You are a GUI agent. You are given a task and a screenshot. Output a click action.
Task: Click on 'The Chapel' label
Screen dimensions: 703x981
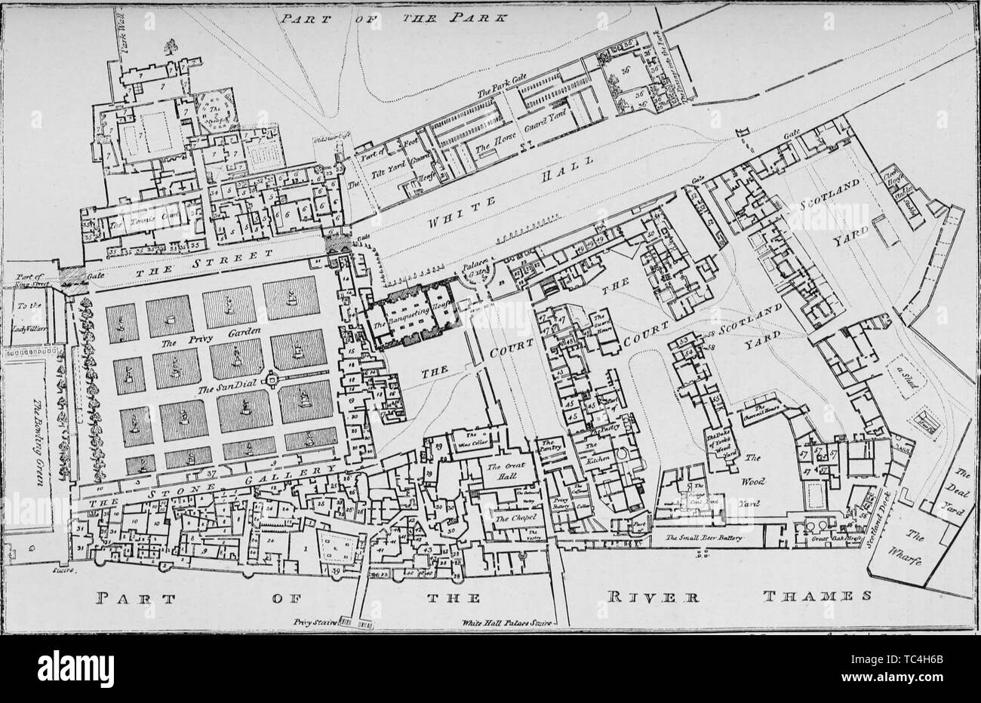coord(515,518)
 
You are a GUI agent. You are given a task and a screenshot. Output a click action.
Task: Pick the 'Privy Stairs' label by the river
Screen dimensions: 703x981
coord(314,624)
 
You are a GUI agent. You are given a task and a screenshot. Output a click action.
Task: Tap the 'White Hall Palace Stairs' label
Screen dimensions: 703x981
coord(510,625)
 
